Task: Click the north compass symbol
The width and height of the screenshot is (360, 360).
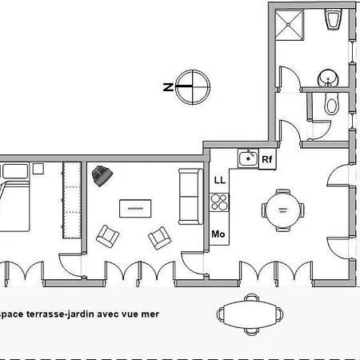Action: pos(193,87)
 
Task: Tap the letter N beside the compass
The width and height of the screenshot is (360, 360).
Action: pos(168,87)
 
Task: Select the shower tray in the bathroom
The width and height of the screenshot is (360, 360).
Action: pos(289,25)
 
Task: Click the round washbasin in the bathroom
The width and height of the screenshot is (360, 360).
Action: pos(328,78)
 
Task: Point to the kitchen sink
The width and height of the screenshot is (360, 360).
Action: pos(248,158)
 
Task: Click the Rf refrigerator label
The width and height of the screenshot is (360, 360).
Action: pos(267,159)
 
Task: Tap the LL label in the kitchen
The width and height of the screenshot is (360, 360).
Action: pos(220,180)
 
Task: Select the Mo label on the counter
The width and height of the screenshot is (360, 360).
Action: pos(218,234)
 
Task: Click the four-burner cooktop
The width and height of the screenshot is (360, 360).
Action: pos(219,202)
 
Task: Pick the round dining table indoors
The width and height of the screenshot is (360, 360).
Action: pos(283,210)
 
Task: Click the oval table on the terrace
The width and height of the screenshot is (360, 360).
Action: pos(250,314)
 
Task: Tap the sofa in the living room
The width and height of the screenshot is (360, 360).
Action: pos(190,197)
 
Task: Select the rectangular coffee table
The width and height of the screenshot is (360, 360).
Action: pos(135,209)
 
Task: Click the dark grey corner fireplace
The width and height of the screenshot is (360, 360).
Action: pos(102,175)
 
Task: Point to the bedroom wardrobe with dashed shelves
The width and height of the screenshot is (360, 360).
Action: pos(72,200)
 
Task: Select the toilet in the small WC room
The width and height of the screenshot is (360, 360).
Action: pos(332,104)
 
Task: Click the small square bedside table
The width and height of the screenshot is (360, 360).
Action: pos(38,169)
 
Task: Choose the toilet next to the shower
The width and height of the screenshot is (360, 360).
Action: pos(334,19)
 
